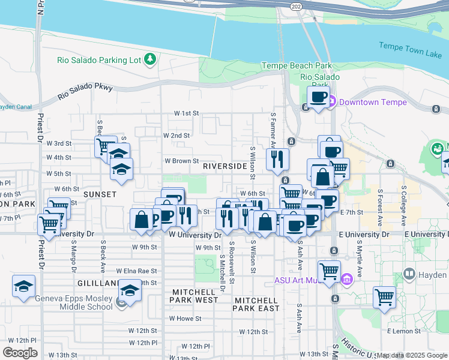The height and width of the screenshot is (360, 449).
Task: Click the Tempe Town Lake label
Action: tap(410, 50)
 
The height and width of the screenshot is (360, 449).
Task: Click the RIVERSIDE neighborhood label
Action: tap(224, 166)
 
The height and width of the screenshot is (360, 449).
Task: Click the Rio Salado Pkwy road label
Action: tap(85, 92)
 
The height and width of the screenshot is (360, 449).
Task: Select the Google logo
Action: tap(20, 352)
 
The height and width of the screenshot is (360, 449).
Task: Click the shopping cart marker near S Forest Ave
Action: tap(384, 296)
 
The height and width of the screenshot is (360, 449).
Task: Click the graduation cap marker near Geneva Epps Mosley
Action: tap(129, 290)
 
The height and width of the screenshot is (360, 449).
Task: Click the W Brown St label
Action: tap(182, 161)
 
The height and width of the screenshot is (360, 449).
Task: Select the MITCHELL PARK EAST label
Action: tap(257, 304)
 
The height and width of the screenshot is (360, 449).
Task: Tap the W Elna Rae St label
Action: tap(136, 271)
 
